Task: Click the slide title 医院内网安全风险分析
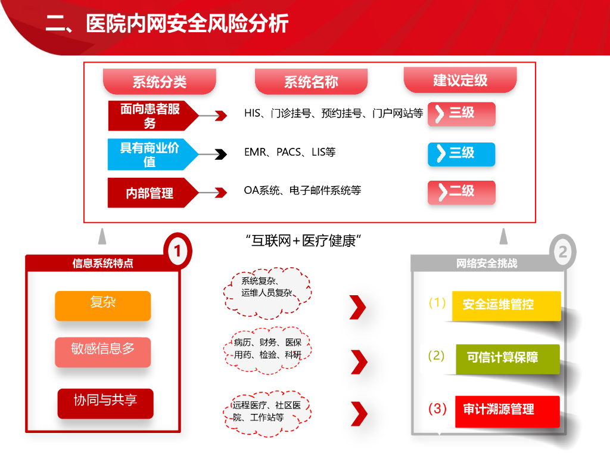click(167, 24)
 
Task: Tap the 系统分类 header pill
click(159, 82)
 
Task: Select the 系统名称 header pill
click(311, 82)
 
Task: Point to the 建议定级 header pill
click(460, 80)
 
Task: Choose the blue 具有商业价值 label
click(150, 154)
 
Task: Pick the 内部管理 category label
click(150, 193)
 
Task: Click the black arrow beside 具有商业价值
click(220, 154)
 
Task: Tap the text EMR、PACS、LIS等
click(290, 152)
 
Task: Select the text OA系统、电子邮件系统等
click(302, 190)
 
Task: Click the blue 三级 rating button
click(461, 153)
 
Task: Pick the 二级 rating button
click(461, 191)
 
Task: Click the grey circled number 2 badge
click(562, 252)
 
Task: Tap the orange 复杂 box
click(102, 305)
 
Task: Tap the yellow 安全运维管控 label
click(506, 305)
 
